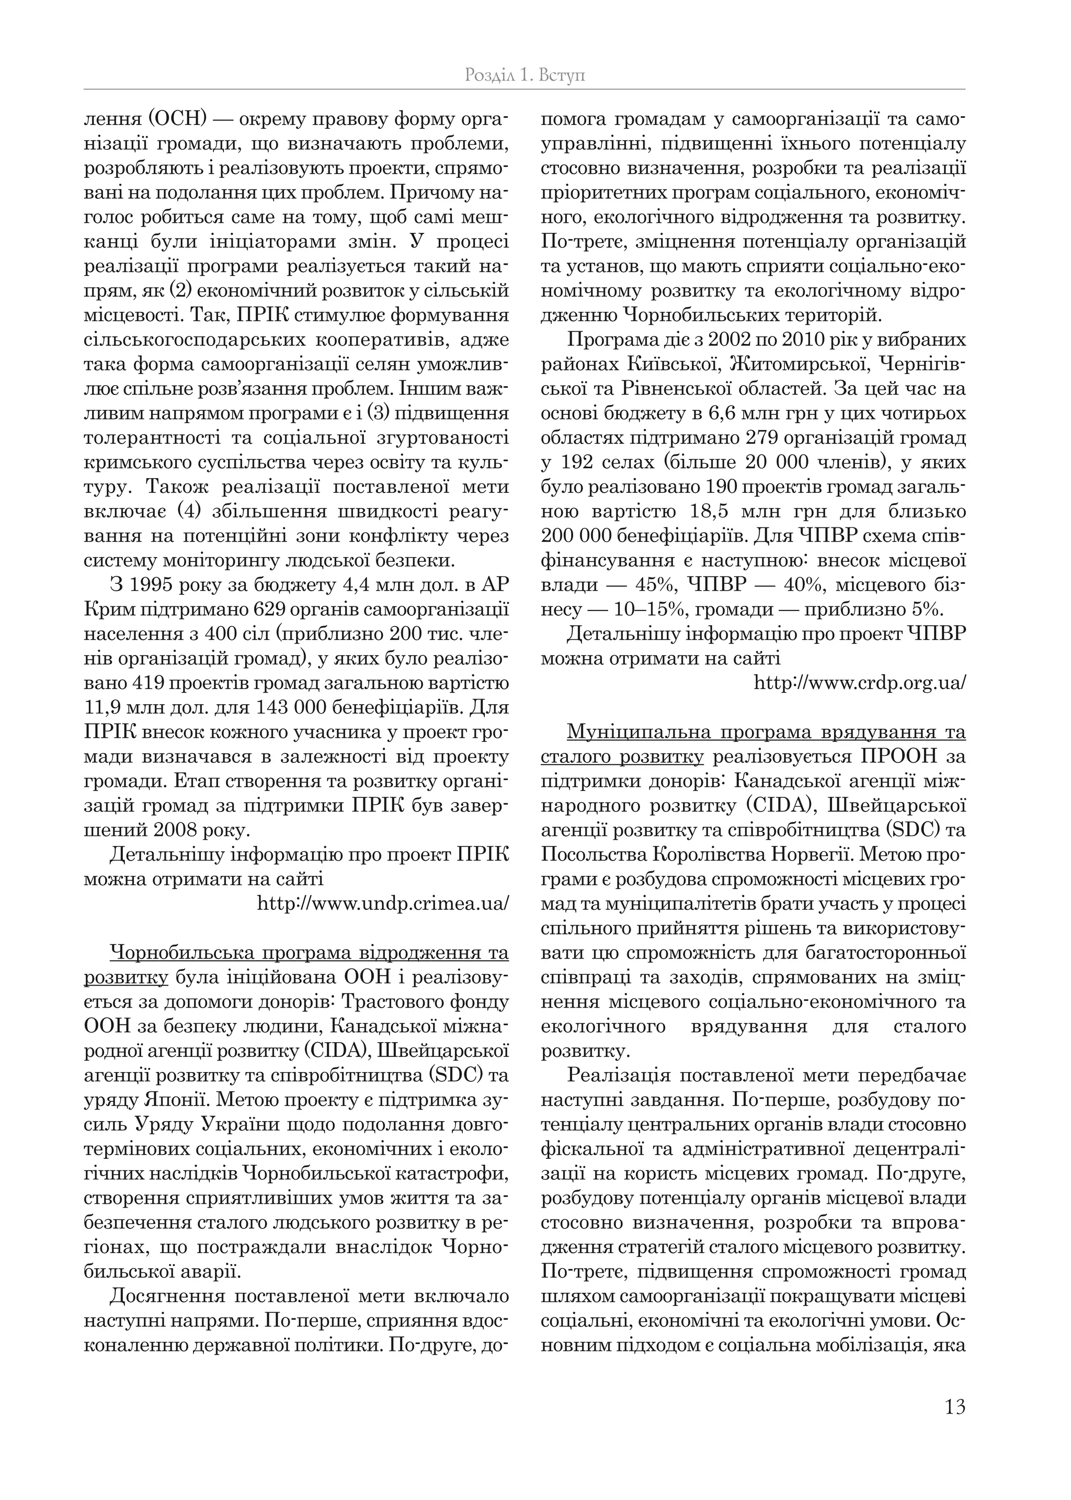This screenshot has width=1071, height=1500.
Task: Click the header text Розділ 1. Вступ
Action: [525, 75]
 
